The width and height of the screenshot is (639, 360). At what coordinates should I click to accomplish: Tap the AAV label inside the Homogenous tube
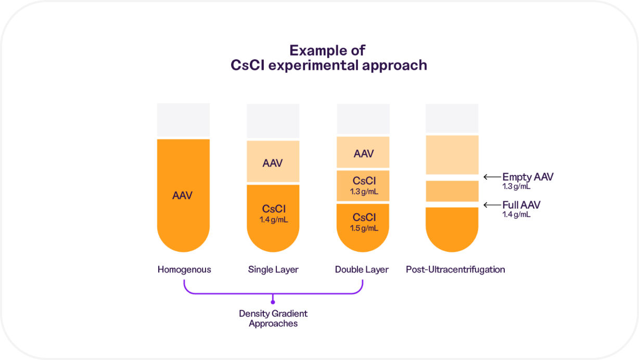click(183, 196)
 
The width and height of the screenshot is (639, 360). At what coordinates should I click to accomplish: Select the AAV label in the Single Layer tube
click(273, 163)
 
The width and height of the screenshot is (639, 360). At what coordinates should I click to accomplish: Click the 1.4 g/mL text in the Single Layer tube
click(273, 220)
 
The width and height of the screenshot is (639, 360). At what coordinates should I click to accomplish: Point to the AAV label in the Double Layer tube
click(363, 153)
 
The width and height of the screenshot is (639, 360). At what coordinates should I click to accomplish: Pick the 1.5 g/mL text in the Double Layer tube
click(363, 228)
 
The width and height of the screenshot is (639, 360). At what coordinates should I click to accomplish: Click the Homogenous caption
click(184, 269)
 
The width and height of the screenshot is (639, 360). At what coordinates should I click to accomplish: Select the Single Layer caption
click(273, 269)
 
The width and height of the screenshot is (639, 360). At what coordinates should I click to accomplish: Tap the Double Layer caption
click(362, 269)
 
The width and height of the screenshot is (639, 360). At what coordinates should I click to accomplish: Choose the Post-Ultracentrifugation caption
click(455, 269)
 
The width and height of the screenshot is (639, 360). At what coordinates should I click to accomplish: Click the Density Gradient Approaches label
click(273, 318)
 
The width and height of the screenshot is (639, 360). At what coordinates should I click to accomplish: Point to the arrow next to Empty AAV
click(491, 177)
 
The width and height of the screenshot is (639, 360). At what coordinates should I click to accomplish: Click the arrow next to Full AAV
click(491, 205)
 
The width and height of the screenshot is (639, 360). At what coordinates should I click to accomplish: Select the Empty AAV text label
click(528, 177)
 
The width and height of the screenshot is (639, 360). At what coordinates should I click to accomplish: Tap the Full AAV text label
click(521, 205)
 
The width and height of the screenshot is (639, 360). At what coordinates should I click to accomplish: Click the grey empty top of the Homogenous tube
click(183, 120)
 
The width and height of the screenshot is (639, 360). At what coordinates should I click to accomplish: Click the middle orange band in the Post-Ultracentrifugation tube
click(452, 191)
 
